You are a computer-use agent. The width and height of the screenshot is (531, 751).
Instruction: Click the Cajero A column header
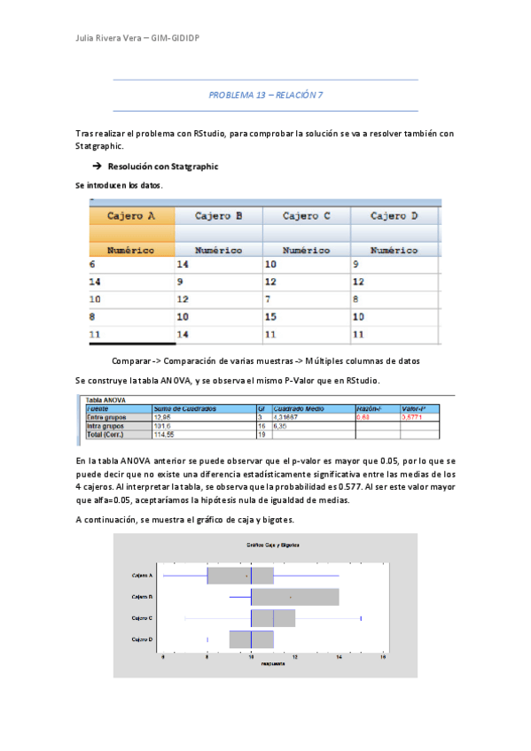click(131, 216)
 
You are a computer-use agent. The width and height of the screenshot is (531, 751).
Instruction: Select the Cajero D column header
click(394, 216)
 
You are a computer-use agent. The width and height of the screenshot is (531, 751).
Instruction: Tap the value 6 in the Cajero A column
click(92, 265)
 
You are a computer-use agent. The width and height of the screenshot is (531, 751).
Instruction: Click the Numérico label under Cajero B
click(218, 251)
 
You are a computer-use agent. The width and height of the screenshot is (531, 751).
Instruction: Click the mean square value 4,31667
click(285, 416)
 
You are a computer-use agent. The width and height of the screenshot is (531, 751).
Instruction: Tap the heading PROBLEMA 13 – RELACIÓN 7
click(265, 95)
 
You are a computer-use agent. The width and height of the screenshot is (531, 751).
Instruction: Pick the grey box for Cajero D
click(251, 639)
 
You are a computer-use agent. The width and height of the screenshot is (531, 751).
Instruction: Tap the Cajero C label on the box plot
click(142, 617)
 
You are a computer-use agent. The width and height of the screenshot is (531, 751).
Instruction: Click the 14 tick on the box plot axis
click(339, 659)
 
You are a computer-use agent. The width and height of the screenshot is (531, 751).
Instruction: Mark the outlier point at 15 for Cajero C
click(361, 617)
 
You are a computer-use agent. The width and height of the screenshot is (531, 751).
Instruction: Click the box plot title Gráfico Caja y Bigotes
click(265, 544)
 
